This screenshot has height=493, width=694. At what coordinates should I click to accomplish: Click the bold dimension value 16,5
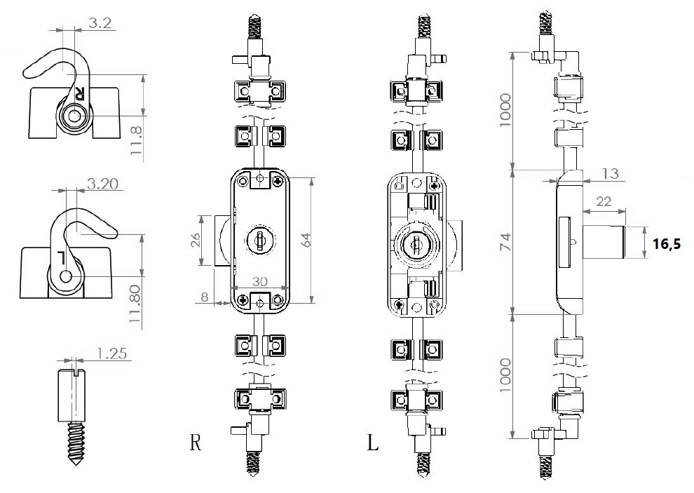[667, 244]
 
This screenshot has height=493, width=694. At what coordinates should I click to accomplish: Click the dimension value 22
[601, 201]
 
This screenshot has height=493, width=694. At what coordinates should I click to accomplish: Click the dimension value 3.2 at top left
[100, 23]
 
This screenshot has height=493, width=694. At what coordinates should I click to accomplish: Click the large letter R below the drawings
[196, 443]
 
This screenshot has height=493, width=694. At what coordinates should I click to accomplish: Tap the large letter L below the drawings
[373, 443]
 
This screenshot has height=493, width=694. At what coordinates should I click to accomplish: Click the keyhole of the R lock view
[259, 239]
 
